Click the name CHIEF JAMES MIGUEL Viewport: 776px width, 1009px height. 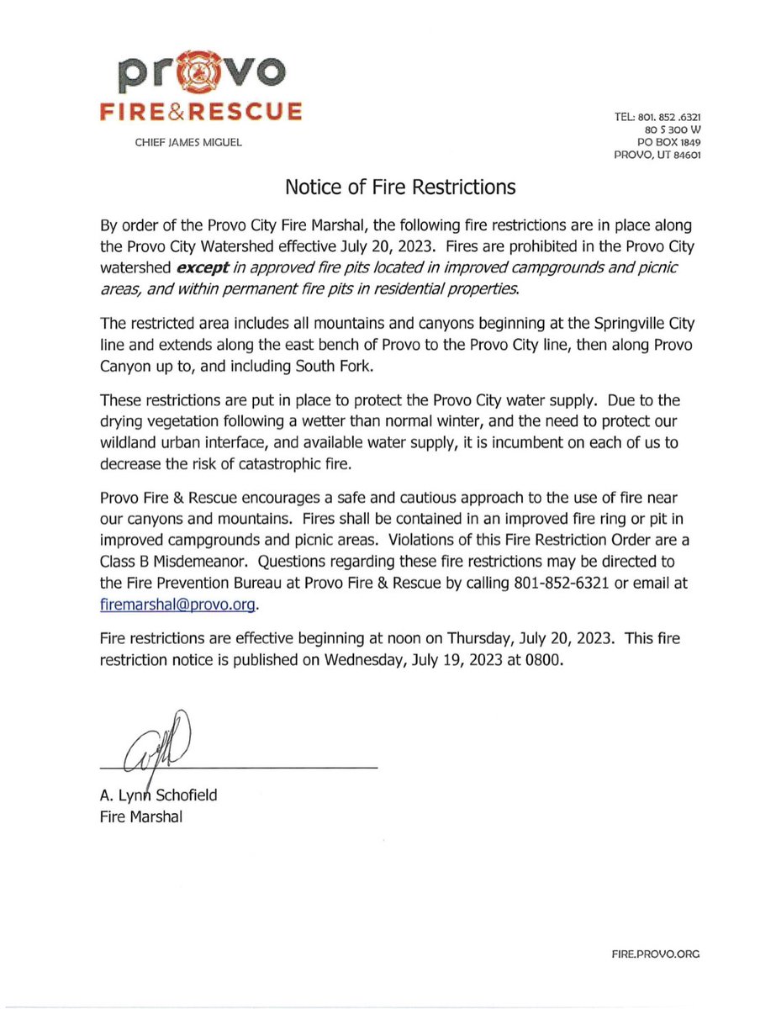(188, 142)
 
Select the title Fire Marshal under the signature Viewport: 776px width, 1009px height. (135, 816)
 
